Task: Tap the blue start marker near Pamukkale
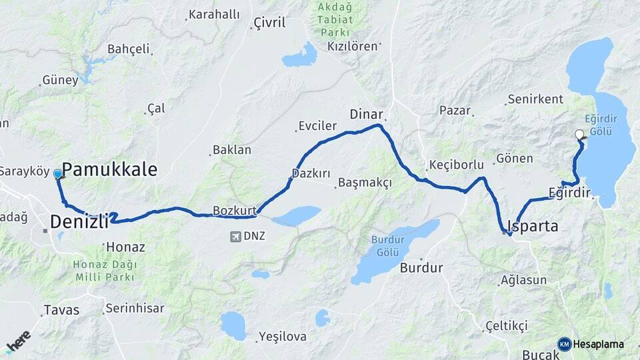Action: tap(58, 174)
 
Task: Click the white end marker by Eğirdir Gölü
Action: tap(579, 134)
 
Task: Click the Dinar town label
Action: tap(366, 114)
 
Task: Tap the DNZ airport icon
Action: tap(235, 236)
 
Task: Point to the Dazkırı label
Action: tap(311, 173)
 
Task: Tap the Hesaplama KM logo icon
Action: tap(565, 344)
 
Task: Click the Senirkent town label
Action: tap(535, 99)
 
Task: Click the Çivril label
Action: tap(269, 23)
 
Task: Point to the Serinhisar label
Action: tap(135, 309)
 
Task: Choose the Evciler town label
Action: tap(320, 127)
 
